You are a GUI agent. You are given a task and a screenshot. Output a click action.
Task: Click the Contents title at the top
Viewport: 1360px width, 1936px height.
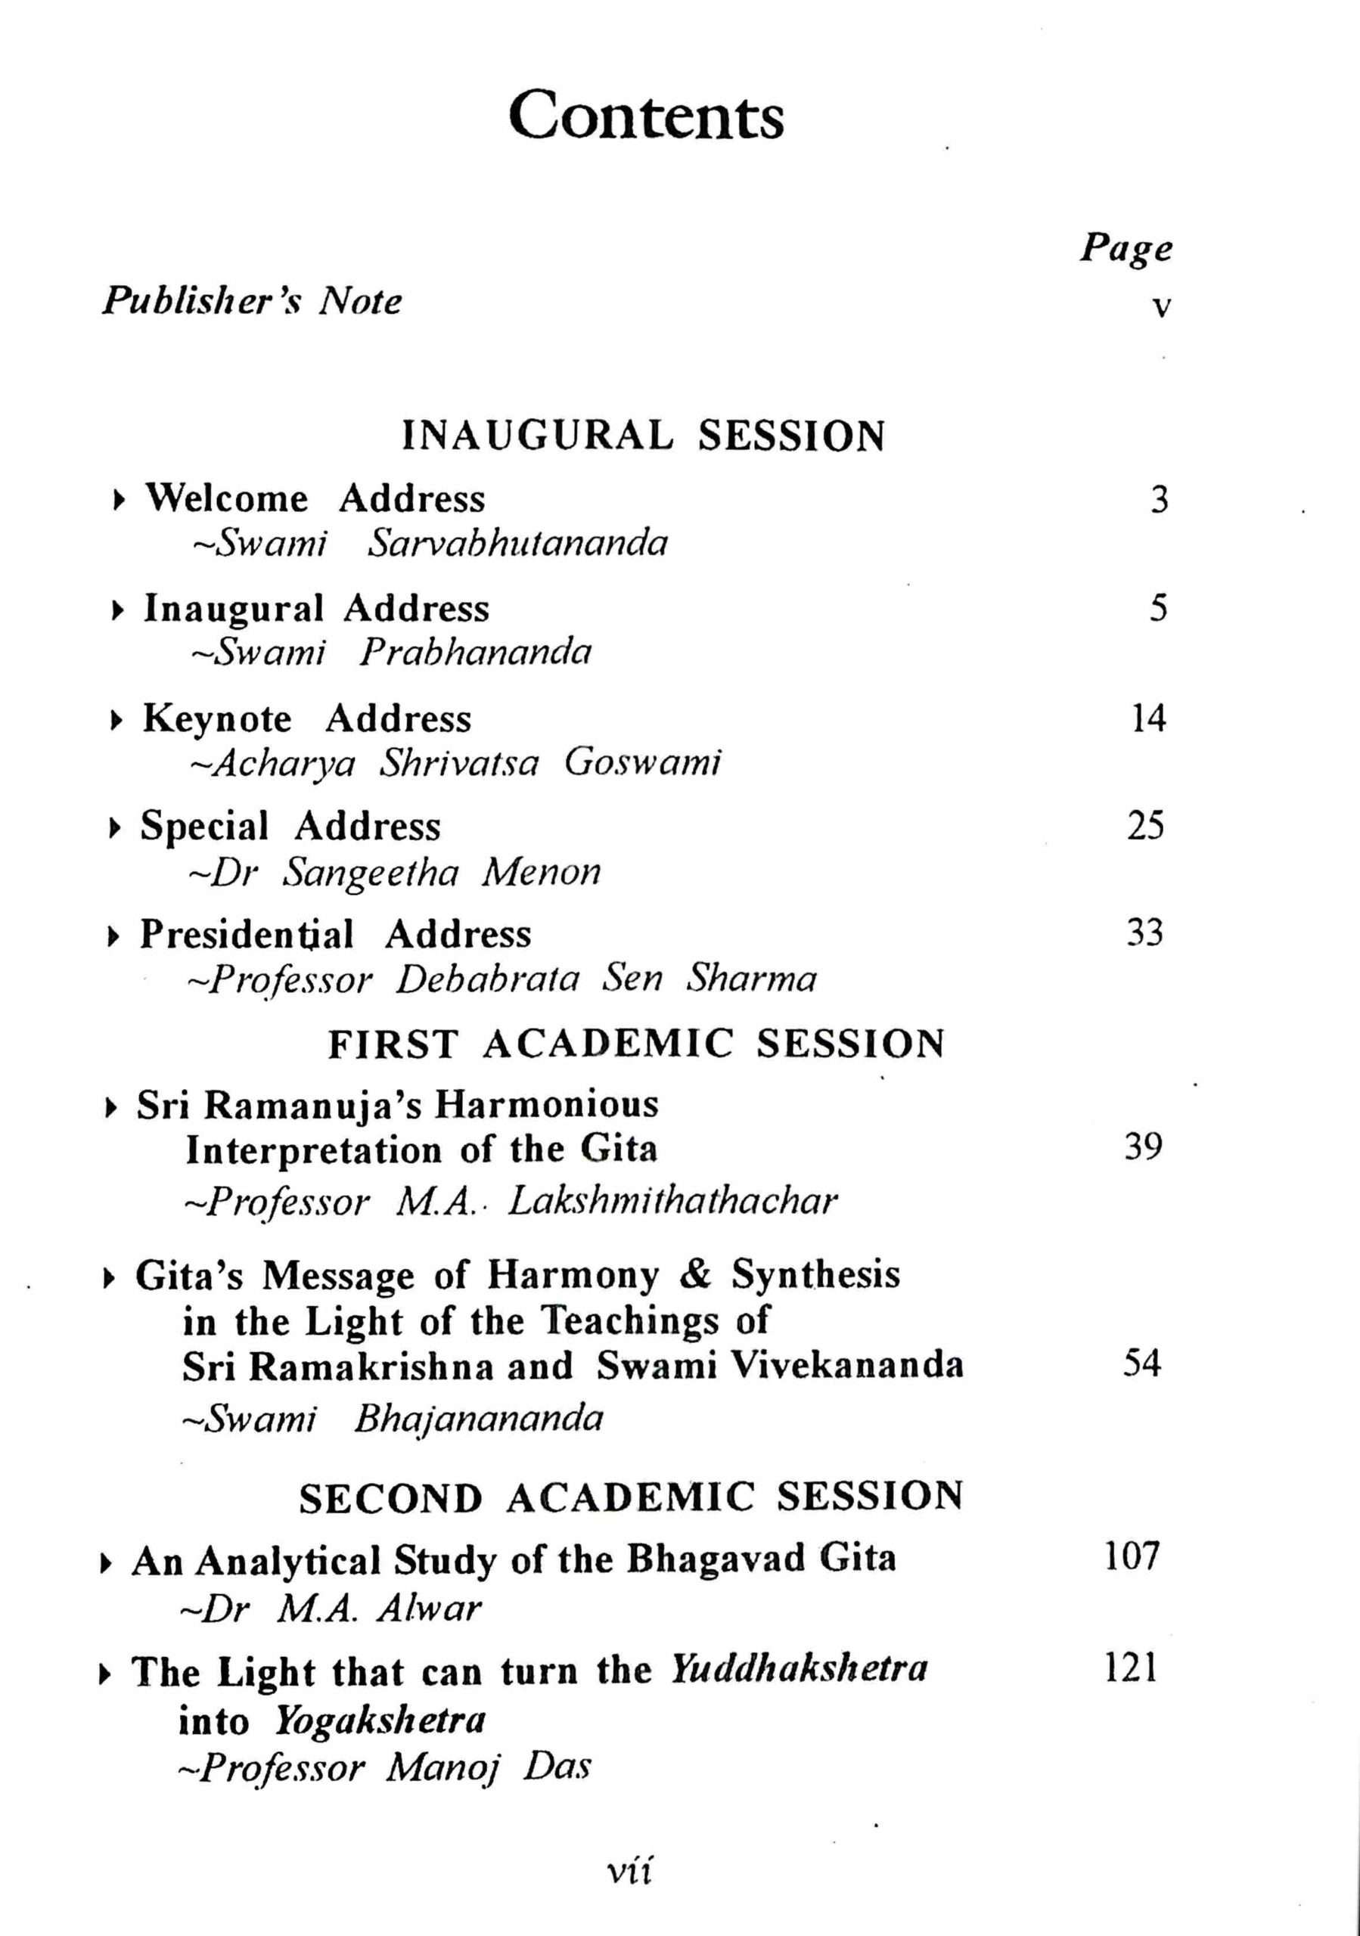coord(646,116)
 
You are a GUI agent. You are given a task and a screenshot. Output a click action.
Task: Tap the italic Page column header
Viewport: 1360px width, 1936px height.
coord(1126,250)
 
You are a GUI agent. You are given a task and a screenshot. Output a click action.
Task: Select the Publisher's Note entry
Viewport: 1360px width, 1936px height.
coord(252,301)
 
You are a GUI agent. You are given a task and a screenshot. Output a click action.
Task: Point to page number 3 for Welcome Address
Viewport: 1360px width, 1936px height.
coord(1160,501)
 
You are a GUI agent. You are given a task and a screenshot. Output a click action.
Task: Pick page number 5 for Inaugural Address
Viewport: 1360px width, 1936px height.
coord(1159,609)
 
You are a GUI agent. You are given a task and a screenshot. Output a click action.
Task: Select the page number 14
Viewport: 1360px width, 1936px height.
coord(1147,719)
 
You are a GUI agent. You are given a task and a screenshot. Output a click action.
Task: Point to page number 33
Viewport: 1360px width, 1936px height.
coord(1145,933)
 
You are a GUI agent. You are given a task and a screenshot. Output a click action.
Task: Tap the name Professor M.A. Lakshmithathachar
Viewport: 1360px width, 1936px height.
coord(511,1202)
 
